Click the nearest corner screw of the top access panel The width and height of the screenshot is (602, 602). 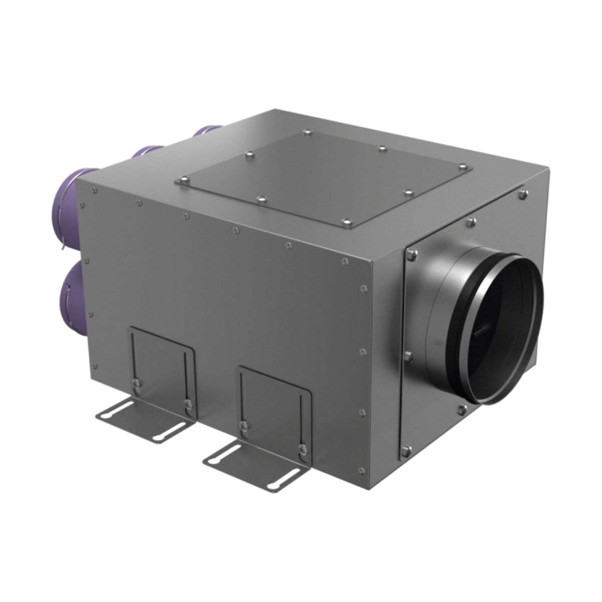[345, 221]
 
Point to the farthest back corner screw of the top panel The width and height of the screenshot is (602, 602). [307, 133]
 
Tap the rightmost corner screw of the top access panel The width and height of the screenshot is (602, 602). [463, 167]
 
